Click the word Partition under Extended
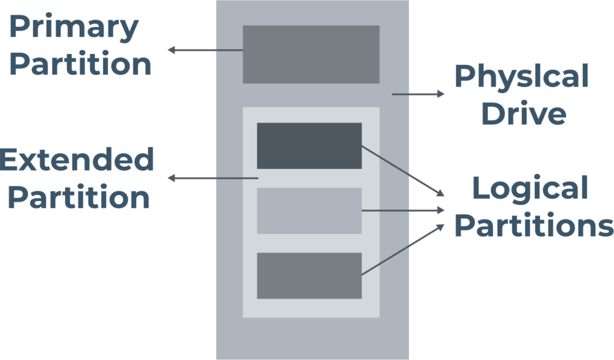[79, 197]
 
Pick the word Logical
[530, 188]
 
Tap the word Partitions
[534, 226]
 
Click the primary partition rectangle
[311, 54]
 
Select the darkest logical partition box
[309, 146]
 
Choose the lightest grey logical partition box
[309, 211]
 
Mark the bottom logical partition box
[309, 275]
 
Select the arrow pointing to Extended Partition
[212, 179]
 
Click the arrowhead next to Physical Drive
[442, 94]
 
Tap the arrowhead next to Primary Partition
[170, 50]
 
